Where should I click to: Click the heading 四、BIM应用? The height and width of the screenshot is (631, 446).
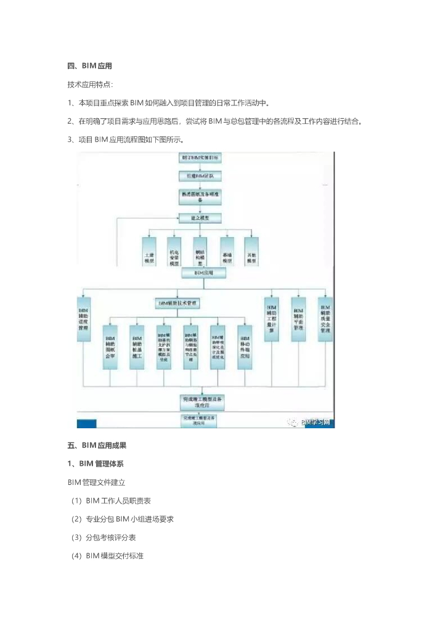(x=89, y=66)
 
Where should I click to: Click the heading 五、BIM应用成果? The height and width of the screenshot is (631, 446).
(x=97, y=444)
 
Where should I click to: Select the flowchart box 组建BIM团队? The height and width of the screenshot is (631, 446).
(x=200, y=177)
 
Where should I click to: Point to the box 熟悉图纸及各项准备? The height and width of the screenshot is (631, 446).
(x=200, y=197)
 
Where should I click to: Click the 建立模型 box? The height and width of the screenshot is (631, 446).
(x=200, y=218)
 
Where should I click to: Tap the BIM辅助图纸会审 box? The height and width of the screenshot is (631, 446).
(x=110, y=348)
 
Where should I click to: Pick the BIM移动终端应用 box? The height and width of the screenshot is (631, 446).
(x=245, y=348)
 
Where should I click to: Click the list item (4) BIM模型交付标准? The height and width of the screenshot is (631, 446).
(x=107, y=556)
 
